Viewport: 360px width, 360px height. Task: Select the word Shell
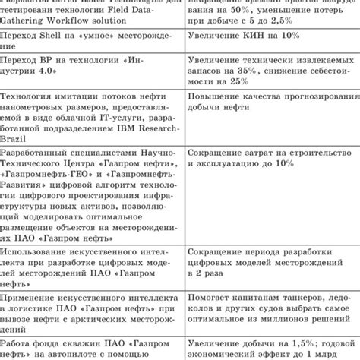(58, 37)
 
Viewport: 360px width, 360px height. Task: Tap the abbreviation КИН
(264, 37)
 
